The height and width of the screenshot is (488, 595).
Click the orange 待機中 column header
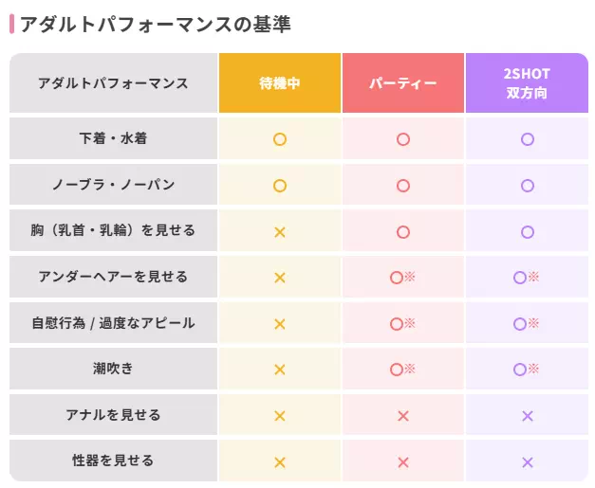[x=280, y=83]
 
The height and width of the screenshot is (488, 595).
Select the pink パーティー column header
[x=402, y=83]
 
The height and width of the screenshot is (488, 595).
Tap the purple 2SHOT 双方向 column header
[x=527, y=83]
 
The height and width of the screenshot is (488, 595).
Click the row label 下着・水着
[x=113, y=138]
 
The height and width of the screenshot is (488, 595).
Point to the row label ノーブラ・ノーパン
[x=113, y=185]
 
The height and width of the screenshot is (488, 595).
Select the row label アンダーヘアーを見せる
[x=113, y=277]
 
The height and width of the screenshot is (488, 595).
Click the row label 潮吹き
[x=113, y=369]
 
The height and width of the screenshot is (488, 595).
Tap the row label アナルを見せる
[x=113, y=415]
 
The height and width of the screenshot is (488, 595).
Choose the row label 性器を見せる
[x=113, y=461]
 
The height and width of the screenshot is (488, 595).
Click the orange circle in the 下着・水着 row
[x=280, y=139]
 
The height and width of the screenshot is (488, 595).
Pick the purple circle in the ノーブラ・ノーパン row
[x=528, y=186]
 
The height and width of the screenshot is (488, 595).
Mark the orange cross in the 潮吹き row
[x=280, y=370]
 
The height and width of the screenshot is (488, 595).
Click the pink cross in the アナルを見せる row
[x=403, y=416]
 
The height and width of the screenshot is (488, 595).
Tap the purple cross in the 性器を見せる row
[x=528, y=462]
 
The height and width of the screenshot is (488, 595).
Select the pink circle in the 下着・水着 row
[x=403, y=139]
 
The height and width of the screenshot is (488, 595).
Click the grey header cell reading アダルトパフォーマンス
[x=113, y=83]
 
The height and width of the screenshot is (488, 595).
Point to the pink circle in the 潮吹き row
[x=397, y=370]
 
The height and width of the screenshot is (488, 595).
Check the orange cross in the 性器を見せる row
[x=280, y=462]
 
